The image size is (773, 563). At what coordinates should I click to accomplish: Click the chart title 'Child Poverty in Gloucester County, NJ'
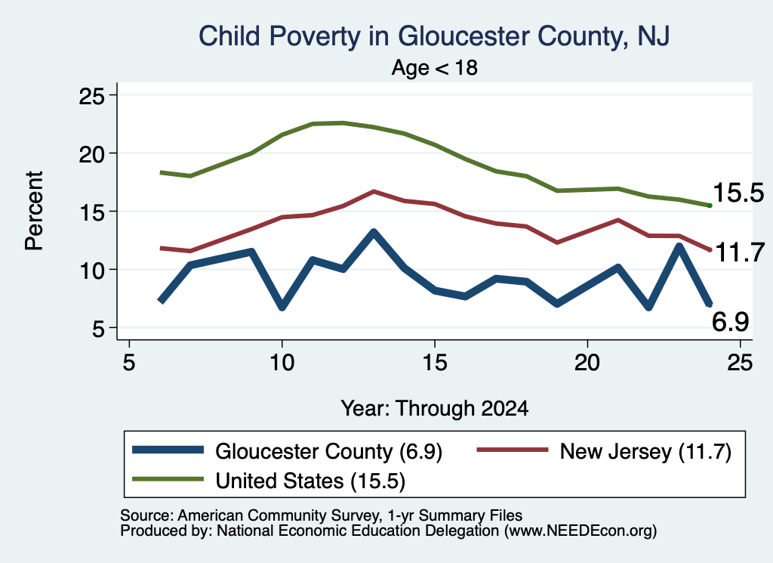coord(434,37)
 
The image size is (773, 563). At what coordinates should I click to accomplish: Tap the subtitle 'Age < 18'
coord(434,67)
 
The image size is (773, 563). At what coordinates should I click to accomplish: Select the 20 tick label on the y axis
coord(91,154)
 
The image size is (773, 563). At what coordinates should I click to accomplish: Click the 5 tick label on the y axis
coord(98,328)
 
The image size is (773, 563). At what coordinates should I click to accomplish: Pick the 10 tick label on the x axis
coord(282,363)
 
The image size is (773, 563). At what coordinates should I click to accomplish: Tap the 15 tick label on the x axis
coord(434,363)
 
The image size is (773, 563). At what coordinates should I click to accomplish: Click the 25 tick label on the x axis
coord(740,363)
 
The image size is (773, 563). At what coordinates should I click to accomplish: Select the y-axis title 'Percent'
coord(35,211)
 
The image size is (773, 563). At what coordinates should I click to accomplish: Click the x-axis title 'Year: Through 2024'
coord(434,409)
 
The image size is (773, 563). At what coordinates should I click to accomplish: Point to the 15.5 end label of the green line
coord(738,193)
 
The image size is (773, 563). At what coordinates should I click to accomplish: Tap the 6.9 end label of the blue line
coord(730,322)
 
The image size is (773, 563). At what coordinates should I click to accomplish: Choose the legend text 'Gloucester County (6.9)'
coord(329,451)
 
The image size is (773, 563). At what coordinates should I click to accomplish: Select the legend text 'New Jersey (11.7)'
coord(645,451)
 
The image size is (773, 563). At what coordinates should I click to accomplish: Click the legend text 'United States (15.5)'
coord(310,481)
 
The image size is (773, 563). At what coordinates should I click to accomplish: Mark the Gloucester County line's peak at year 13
coord(374,233)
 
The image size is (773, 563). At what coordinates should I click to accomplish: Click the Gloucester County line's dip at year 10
coord(282,307)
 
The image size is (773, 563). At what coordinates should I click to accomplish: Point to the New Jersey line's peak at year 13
coord(374,191)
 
